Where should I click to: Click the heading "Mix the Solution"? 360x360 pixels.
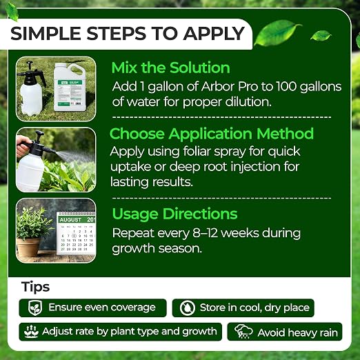170,68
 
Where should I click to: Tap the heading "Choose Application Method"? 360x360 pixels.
212,134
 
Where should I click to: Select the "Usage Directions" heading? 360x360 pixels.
174,214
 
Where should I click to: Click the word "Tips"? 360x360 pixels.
36,288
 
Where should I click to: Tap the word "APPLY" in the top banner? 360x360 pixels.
214,34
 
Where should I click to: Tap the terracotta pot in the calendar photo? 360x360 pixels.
28,247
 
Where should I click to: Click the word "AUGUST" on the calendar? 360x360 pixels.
70,220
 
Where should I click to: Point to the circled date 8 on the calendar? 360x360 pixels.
74,236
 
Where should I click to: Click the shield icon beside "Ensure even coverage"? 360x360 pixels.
35,308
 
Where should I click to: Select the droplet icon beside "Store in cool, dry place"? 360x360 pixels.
188,308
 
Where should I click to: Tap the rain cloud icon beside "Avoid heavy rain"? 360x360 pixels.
243,332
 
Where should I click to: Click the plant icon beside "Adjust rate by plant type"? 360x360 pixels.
31,332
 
